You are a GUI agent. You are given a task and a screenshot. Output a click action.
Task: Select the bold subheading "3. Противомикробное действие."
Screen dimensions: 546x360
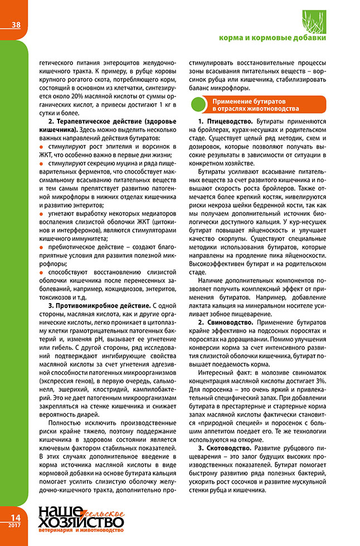pyautogui.click(x=99, y=306)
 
